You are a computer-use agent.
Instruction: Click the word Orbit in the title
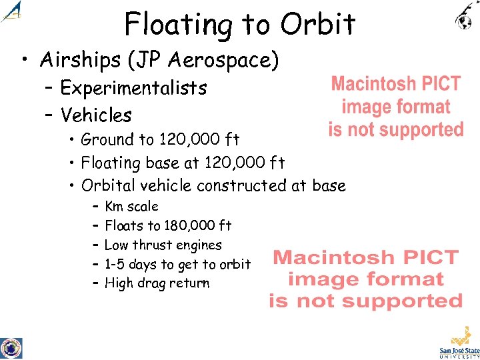tap(318, 25)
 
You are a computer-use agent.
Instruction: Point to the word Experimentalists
tap(133, 87)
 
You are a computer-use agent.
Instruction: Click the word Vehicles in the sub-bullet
tap(96, 115)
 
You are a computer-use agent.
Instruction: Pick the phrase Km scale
tap(132, 206)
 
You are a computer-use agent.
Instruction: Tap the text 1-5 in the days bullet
tap(115, 264)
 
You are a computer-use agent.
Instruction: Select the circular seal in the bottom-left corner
tap(11, 347)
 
